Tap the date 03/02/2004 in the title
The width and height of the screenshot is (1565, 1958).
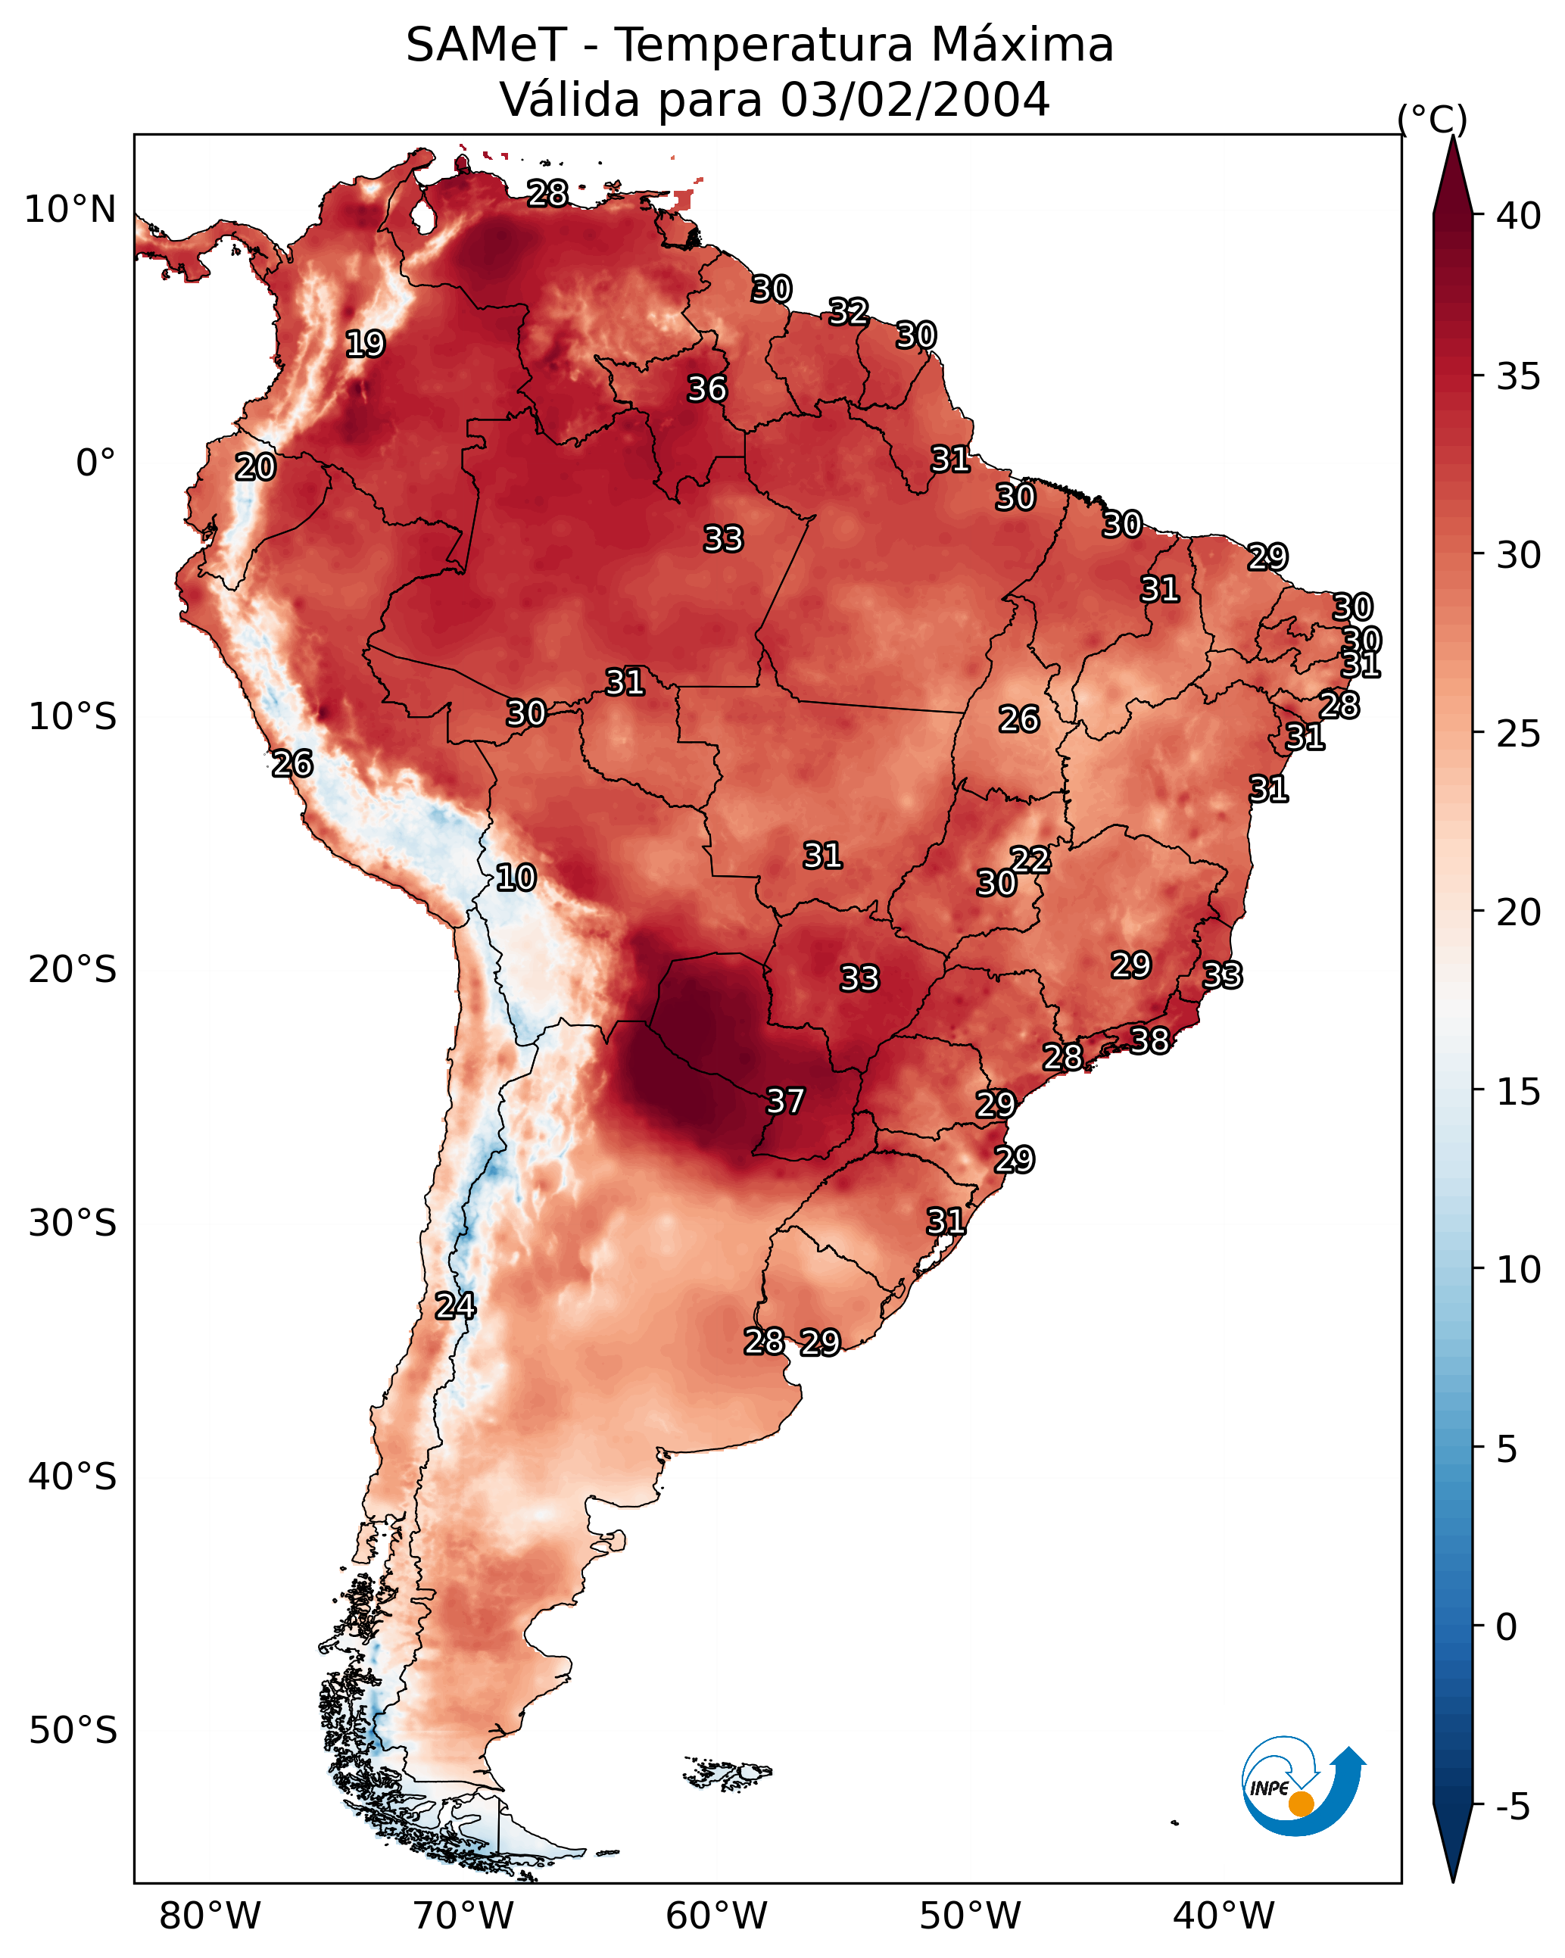[x=914, y=99]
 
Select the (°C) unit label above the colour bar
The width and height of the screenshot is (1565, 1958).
[x=1432, y=119]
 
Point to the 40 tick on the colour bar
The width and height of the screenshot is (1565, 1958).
[x=1519, y=216]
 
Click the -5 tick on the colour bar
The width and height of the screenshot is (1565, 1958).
[x=1511, y=1807]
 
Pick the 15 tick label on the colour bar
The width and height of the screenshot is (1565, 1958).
[x=1519, y=1093]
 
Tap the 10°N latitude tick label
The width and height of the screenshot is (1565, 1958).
[x=70, y=210]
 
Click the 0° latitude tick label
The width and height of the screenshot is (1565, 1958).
[x=96, y=463]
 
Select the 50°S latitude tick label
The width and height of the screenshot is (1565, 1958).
[x=73, y=1730]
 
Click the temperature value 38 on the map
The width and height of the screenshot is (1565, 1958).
[x=1150, y=1040]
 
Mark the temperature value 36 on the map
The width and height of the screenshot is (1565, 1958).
[x=706, y=388]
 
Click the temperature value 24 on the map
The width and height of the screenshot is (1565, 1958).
[x=455, y=1305]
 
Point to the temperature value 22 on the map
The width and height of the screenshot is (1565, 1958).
[x=1030, y=859]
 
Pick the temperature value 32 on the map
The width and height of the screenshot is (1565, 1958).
[x=848, y=311]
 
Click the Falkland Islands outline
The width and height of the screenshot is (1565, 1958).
[x=728, y=1772]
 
